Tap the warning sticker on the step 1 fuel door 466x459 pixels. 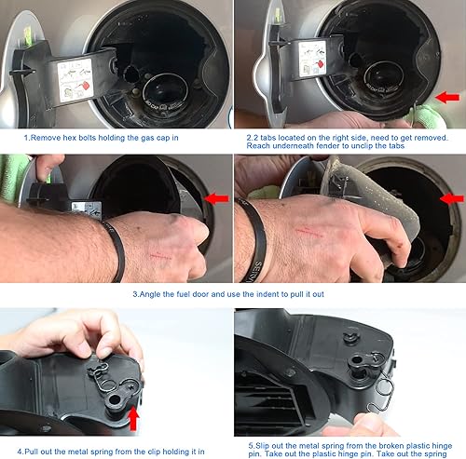75,75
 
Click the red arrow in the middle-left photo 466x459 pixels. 216,197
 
